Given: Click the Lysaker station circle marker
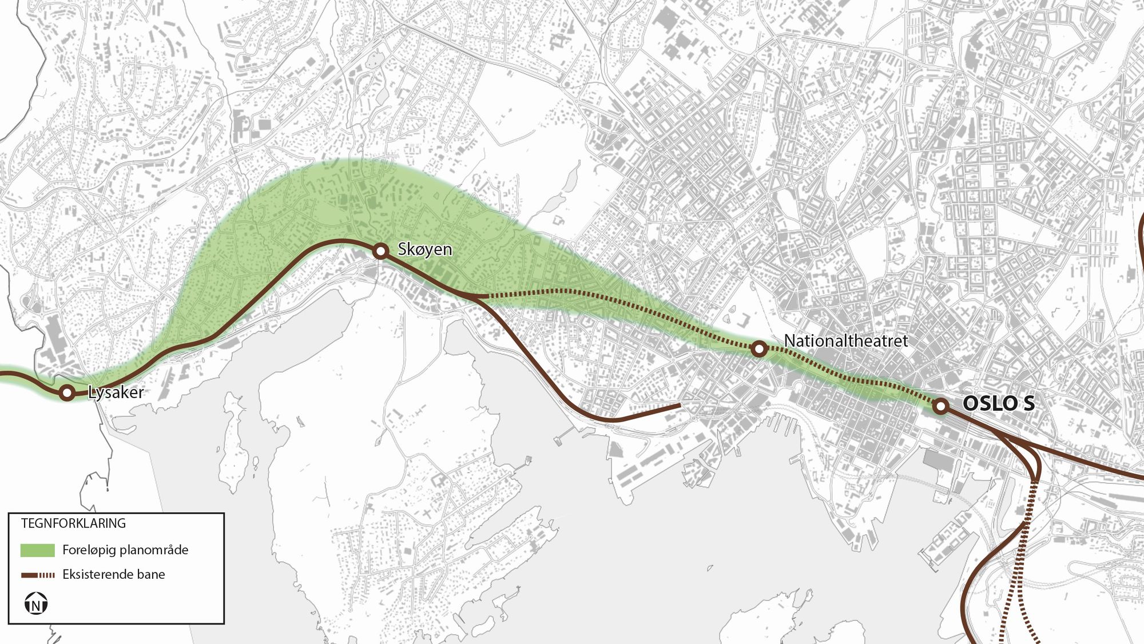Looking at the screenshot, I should pyautogui.click(x=67, y=392).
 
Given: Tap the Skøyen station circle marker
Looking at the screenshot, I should pyautogui.click(x=380, y=251).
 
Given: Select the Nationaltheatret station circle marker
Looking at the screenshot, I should pyautogui.click(x=758, y=348).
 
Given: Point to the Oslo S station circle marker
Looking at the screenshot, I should pyautogui.click(x=940, y=407).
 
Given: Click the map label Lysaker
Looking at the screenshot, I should pyautogui.click(x=116, y=392).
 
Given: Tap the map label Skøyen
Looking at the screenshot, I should pyautogui.click(x=424, y=249).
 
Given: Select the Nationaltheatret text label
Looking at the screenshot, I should pyautogui.click(x=845, y=341).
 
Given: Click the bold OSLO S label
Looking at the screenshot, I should pyautogui.click(x=999, y=403).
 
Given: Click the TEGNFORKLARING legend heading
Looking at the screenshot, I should pyautogui.click(x=73, y=523).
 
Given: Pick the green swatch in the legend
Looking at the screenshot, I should pyautogui.click(x=38, y=550).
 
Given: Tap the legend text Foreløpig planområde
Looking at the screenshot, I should pyautogui.click(x=125, y=550).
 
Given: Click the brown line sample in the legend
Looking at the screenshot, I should pyautogui.click(x=38, y=575).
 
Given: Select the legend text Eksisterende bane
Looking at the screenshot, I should pyautogui.click(x=114, y=574).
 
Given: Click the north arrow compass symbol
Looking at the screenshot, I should pyautogui.click(x=36, y=604).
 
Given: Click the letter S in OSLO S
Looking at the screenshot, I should pyautogui.click(x=1028, y=403).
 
